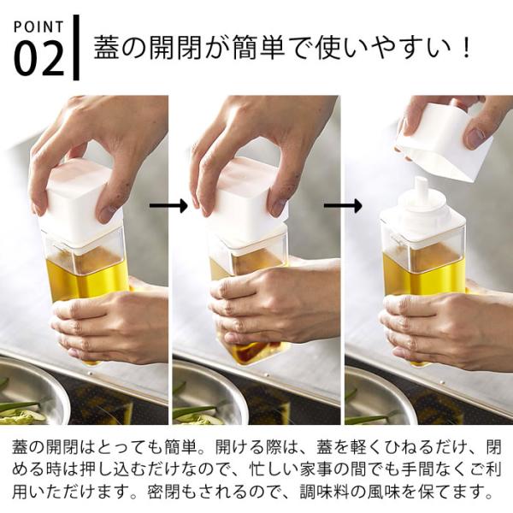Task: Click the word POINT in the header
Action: click(38, 27)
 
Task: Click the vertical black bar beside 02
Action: click(76, 47)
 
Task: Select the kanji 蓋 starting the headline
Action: click(106, 48)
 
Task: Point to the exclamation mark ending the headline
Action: click(465, 49)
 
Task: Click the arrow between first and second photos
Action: click(168, 206)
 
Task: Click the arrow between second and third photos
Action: click(343, 206)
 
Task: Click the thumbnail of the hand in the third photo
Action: click(476, 135)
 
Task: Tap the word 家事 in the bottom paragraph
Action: click(315, 469)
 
